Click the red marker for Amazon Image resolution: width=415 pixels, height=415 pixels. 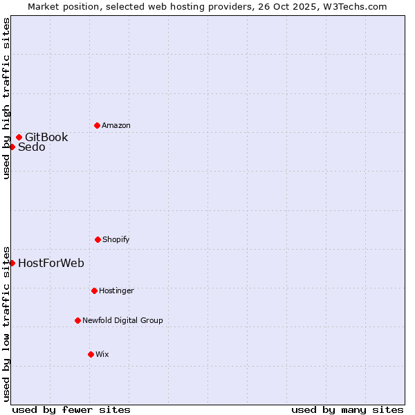97,125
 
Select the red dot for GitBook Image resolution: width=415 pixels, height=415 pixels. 19,137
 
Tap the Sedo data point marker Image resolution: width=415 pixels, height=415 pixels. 12,147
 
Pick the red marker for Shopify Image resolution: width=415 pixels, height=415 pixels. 98,239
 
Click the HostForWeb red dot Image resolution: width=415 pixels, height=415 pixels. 12,263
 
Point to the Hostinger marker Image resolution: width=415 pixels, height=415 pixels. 94,290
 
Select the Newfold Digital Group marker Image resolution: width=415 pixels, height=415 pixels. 77,320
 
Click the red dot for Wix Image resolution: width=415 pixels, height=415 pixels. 91,354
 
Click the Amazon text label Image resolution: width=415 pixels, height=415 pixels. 116,126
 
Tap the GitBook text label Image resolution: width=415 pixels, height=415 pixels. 46,137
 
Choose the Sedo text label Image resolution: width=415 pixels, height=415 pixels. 32,147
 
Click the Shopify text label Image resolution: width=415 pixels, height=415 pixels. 116,240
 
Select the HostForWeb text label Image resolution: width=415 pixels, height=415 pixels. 51,263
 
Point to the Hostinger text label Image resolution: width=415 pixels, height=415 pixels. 116,291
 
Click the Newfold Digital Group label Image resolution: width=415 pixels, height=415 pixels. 122,321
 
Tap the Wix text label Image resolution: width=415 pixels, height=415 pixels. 102,355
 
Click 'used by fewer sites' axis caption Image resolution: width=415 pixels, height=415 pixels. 71,409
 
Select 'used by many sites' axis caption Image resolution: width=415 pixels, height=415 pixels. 347,409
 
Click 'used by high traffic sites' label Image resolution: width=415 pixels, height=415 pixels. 7,98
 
